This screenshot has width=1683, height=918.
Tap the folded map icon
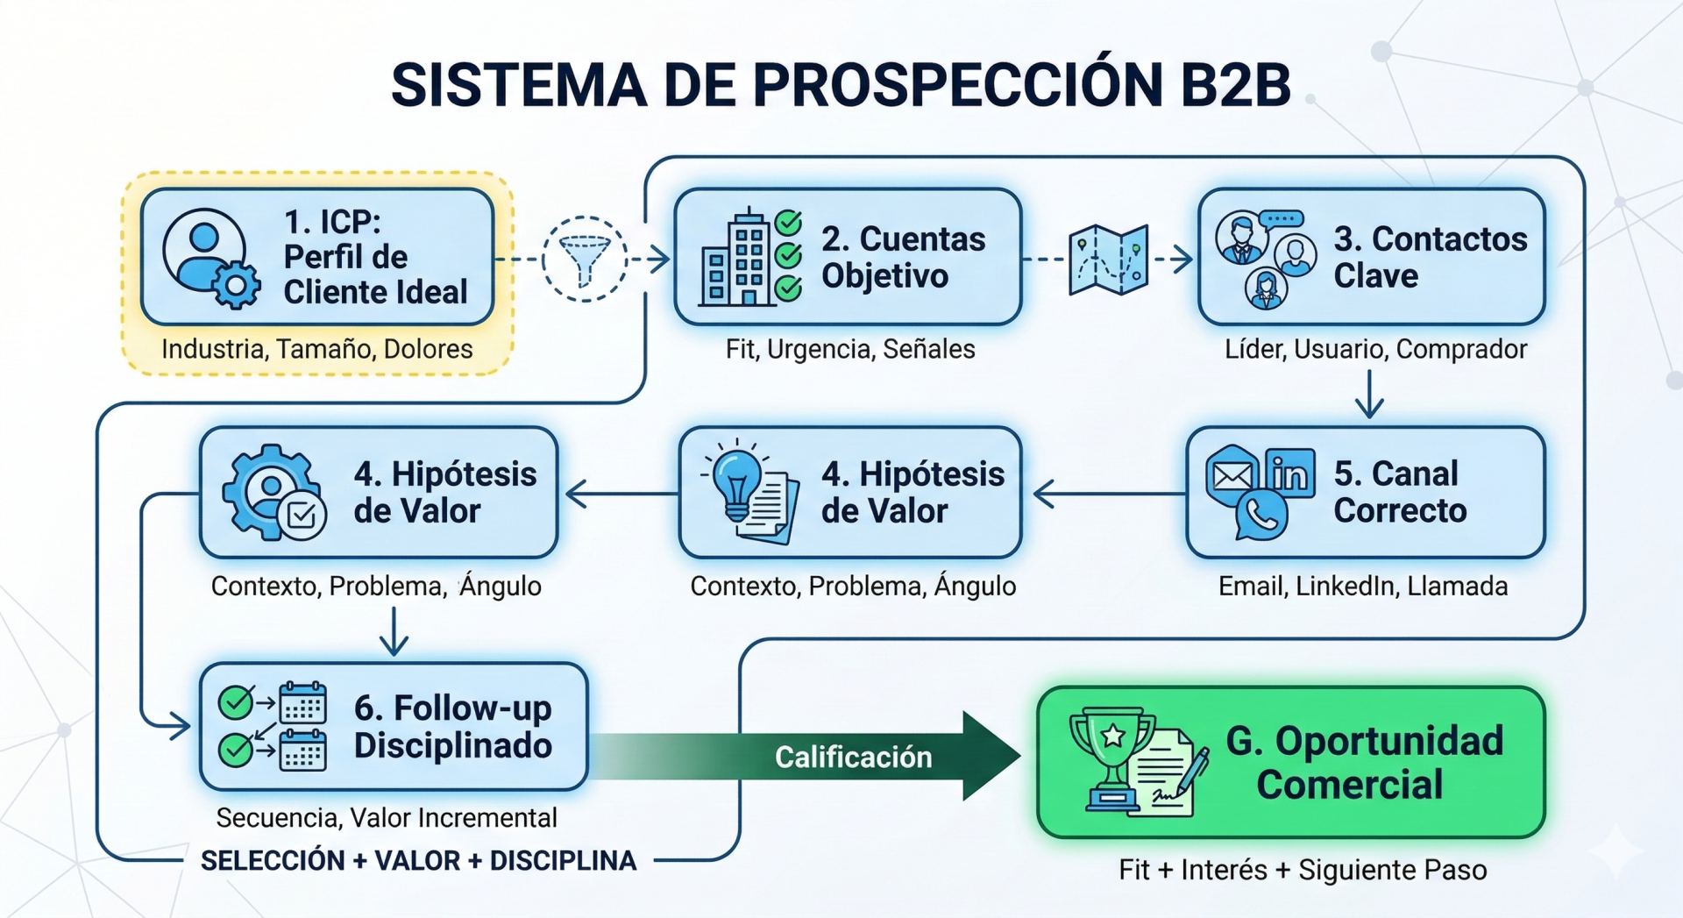pyautogui.click(x=1109, y=260)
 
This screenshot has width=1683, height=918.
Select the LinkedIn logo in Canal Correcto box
pyautogui.click(x=1289, y=473)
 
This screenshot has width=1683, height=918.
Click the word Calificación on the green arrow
pyautogui.click(x=853, y=757)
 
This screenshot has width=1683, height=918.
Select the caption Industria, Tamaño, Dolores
pyautogui.click(x=316, y=349)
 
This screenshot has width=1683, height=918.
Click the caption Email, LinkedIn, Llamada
pyautogui.click(x=1362, y=586)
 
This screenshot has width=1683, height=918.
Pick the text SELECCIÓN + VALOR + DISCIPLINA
pyautogui.click(x=418, y=860)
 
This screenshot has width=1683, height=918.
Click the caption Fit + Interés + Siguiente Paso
pyautogui.click(x=1303, y=870)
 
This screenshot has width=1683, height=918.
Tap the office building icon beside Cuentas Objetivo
pyautogui.click(x=736, y=259)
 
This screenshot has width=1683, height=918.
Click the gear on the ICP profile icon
pyautogui.click(x=236, y=285)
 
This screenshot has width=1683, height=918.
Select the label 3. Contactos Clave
pyautogui.click(x=1430, y=257)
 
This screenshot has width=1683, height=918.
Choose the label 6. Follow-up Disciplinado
pyautogui.click(x=452, y=726)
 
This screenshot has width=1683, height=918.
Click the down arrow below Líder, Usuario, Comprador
pyautogui.click(x=1369, y=395)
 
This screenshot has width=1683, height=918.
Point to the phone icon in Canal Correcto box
pyautogui.click(x=1261, y=516)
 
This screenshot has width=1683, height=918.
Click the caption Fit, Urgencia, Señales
pyautogui.click(x=849, y=349)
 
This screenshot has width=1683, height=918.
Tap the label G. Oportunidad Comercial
pyautogui.click(x=1363, y=762)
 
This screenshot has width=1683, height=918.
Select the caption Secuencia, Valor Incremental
pyautogui.click(x=387, y=817)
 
